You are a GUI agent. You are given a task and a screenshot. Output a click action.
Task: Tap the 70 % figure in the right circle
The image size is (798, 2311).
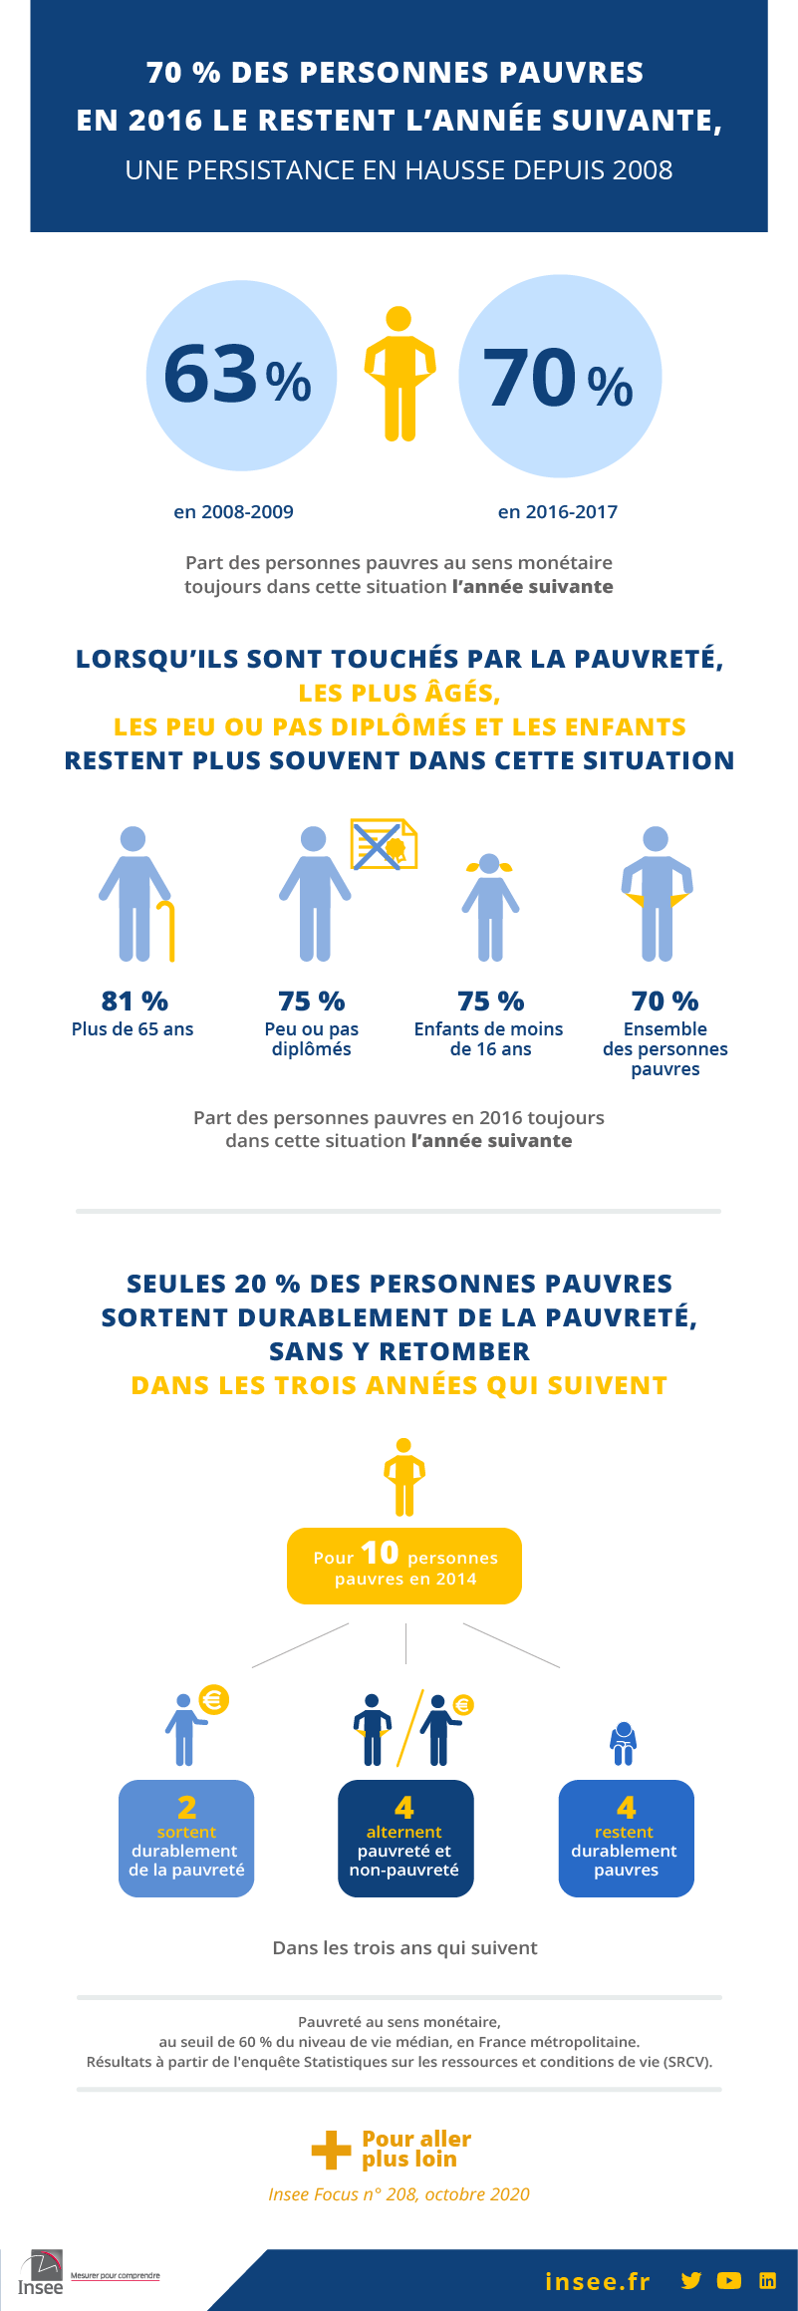(558, 380)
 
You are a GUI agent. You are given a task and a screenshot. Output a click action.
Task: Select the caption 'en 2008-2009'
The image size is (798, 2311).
(233, 512)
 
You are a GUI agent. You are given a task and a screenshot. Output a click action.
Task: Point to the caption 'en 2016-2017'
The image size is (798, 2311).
(558, 512)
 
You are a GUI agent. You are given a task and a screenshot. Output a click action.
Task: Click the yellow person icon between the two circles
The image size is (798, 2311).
(399, 374)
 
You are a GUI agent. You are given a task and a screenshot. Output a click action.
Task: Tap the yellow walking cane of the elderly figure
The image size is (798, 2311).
(168, 931)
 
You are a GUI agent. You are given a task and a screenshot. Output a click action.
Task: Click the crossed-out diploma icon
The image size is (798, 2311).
(383, 845)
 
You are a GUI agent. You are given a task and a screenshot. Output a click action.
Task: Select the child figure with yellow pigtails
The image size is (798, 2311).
(490, 906)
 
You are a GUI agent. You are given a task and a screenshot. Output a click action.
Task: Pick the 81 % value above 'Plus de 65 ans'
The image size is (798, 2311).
(134, 1001)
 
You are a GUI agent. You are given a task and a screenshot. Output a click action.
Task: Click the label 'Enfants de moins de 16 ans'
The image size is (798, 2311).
(489, 1038)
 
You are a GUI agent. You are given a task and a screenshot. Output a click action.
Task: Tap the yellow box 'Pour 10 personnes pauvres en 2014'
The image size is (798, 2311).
(404, 1566)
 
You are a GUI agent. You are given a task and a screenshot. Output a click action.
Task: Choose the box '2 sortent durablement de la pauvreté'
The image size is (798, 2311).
(186, 1838)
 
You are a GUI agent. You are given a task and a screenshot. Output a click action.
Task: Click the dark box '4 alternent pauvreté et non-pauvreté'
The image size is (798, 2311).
(405, 1838)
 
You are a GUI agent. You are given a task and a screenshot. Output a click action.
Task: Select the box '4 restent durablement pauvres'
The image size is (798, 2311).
(626, 1838)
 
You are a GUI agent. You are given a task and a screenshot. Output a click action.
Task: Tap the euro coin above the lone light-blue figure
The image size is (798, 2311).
(213, 1699)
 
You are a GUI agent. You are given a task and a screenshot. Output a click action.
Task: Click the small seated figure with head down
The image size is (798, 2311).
(624, 1743)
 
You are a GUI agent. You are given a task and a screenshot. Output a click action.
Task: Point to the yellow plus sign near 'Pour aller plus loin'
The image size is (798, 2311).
(331, 2150)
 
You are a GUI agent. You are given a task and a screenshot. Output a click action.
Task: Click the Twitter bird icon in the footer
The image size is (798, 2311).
(691, 2280)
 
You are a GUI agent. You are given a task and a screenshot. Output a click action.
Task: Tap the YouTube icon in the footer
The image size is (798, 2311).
(729, 2280)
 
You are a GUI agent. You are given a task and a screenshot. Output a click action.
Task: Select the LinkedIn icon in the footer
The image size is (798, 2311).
(767, 2280)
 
